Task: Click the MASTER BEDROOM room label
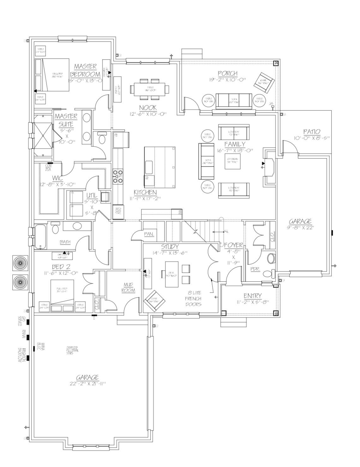point(85,70)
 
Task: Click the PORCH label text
point(227,74)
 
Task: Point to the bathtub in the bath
point(40,236)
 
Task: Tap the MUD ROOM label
point(128,288)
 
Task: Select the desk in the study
point(171,274)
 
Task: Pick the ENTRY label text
point(253,296)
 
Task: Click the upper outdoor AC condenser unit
point(21,263)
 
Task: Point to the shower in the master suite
point(42,136)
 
